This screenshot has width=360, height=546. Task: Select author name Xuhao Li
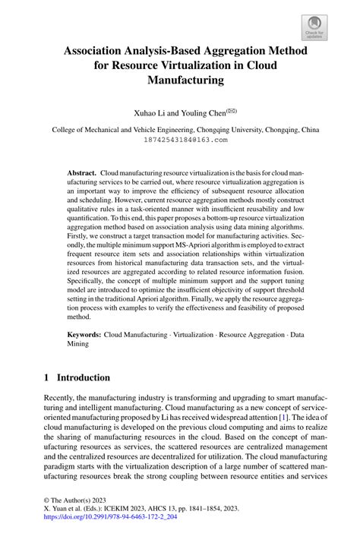point(151,112)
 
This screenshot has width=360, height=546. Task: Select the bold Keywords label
point(84,333)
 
